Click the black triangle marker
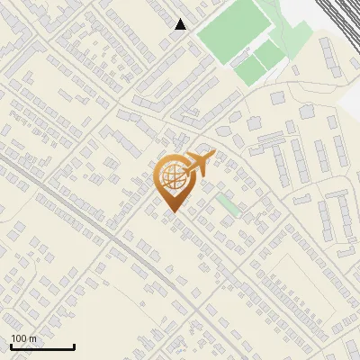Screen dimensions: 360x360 pyautogui.click(x=181, y=24)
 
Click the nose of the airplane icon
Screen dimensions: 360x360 pyautogui.click(x=213, y=155)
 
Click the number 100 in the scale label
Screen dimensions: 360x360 pyautogui.click(x=20, y=338)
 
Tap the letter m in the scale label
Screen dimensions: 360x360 pyautogui.click(x=32, y=338)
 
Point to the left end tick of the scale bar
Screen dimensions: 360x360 pyautogui.click(x=11, y=346)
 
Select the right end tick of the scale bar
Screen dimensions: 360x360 pyautogui.click(x=74, y=346)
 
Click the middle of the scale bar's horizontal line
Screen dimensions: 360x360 pyautogui.click(x=42, y=348)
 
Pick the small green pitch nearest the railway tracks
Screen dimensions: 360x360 pyautogui.click(x=269, y=56)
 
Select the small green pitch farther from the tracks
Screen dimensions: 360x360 pyautogui.click(x=247, y=69)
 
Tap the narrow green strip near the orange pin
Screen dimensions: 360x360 pyautogui.click(x=229, y=204)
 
